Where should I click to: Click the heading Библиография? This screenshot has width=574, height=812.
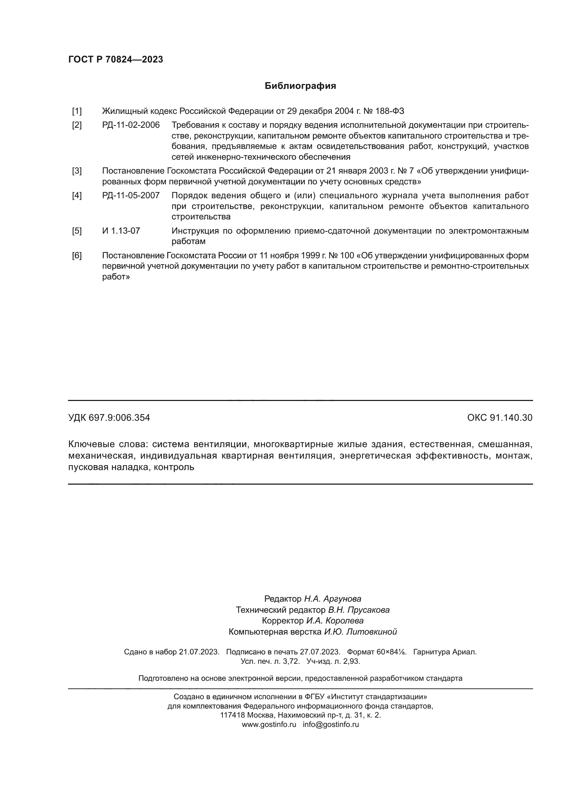[300, 86]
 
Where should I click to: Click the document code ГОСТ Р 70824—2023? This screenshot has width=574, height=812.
[116, 59]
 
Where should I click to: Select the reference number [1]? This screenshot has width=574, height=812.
[77, 111]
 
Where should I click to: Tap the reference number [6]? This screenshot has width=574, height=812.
[77, 256]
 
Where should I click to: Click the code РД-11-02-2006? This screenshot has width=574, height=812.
[131, 125]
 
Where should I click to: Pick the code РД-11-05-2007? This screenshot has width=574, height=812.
[131, 195]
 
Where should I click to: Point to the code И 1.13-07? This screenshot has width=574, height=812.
[121, 231]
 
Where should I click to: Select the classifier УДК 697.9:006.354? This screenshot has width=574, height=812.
[109, 418]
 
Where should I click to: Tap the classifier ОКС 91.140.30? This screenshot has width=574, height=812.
[499, 418]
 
